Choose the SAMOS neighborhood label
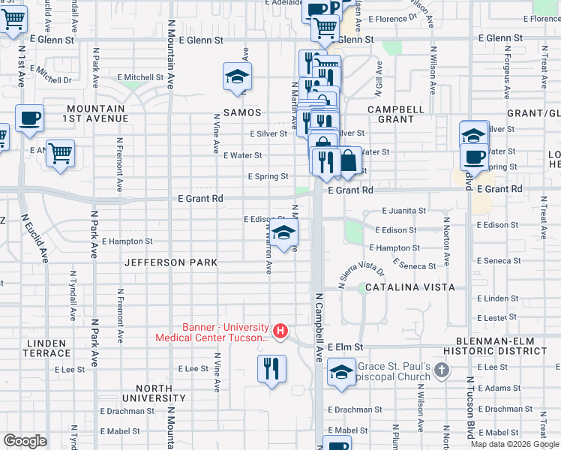tap(241, 112)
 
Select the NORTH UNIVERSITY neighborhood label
tap(154, 393)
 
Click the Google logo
tap(25, 441)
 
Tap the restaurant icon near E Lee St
tap(271, 368)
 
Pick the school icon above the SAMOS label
tap(237, 76)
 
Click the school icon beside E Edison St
tap(283, 233)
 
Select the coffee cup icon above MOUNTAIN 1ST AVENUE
tap(29, 118)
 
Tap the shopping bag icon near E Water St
tap(349, 160)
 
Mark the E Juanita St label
tap(403, 211)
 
